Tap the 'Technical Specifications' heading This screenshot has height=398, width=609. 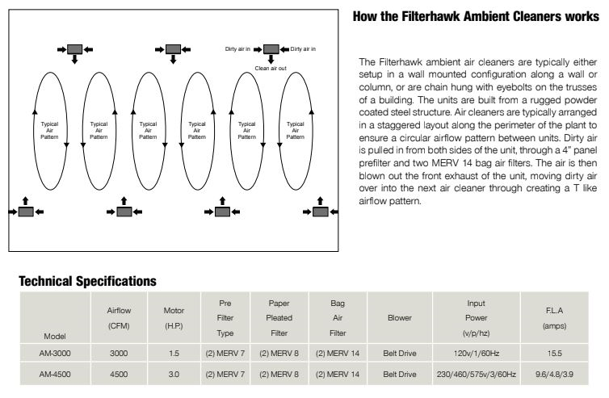click(x=87, y=281)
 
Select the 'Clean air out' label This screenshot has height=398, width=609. click(x=271, y=69)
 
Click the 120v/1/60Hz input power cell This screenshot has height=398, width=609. click(x=476, y=352)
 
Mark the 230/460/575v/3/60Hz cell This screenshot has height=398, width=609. click(x=476, y=375)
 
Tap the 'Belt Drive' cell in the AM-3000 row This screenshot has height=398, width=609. click(x=400, y=352)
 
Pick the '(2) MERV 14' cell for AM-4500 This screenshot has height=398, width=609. click(x=338, y=375)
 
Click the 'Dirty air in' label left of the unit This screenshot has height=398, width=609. click(x=238, y=49)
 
